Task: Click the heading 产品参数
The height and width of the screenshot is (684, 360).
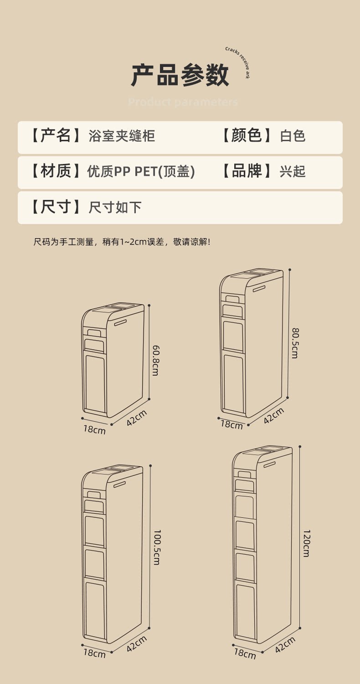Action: (180, 75)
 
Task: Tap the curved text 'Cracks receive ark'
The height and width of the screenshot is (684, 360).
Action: (239, 61)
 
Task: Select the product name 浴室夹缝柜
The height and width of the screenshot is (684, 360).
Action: (122, 136)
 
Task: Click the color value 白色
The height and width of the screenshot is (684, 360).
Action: (293, 136)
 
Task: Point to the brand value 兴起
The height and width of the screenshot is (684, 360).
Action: (293, 172)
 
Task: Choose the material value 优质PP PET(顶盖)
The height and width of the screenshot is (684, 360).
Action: (141, 172)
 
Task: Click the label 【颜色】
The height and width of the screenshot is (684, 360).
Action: (247, 136)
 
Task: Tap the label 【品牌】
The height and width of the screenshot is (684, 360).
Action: (247, 171)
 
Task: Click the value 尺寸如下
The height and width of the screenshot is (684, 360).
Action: (115, 208)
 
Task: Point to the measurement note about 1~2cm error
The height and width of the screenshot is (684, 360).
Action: (122, 242)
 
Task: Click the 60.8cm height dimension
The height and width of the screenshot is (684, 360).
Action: (155, 360)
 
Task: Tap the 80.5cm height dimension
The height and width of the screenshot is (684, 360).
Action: (295, 343)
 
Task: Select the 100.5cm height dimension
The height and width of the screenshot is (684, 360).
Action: (156, 547)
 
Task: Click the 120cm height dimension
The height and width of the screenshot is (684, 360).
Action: (306, 543)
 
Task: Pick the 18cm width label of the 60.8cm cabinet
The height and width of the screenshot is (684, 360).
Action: (94, 429)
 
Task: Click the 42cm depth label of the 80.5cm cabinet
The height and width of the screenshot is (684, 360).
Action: (273, 415)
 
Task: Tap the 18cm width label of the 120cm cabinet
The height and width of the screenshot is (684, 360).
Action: (245, 653)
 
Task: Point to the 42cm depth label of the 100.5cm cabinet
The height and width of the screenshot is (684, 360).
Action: (137, 643)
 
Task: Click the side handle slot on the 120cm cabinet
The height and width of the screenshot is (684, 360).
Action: (269, 465)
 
